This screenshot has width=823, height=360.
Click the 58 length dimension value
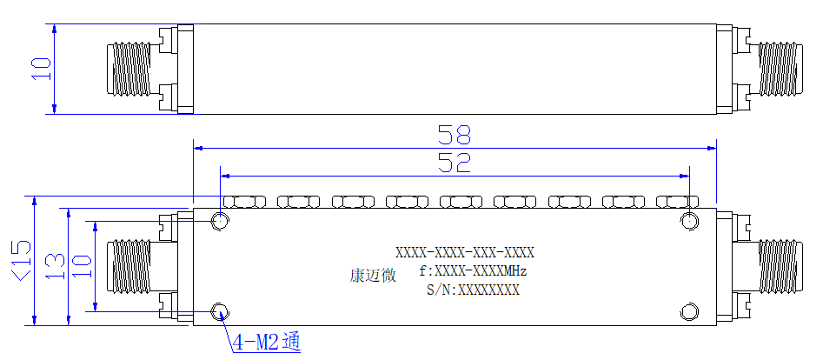(455, 135)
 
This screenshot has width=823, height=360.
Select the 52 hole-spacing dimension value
(455, 163)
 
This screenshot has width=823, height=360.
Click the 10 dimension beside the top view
(42, 69)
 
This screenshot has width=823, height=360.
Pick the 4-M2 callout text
(267, 343)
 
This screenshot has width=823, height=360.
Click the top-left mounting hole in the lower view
(220, 221)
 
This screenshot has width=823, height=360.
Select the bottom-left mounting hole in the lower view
(220, 311)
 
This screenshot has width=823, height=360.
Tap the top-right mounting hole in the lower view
(690, 221)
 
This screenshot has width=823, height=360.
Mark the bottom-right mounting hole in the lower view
(690, 311)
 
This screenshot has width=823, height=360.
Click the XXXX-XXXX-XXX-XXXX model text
(464, 253)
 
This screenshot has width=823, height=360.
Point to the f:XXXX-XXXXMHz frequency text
(473, 271)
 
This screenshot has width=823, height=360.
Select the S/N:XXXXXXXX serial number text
(473, 290)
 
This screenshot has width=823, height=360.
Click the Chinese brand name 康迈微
(373, 276)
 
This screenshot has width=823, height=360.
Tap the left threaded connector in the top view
(129, 70)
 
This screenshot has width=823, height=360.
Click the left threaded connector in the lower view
(129, 266)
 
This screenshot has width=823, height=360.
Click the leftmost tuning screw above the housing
(244, 201)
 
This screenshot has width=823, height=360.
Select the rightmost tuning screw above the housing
(678, 201)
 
